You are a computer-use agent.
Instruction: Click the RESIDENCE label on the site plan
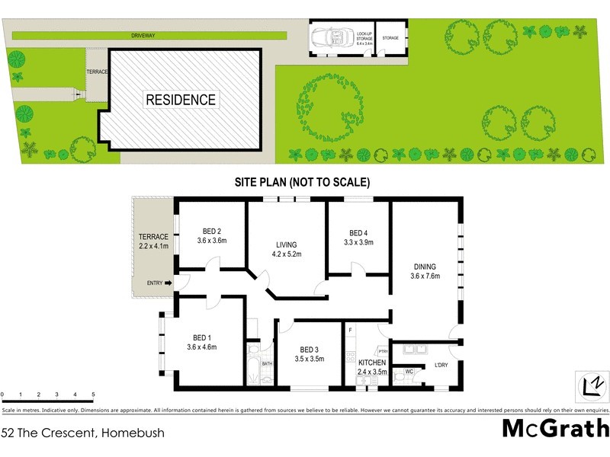[x=181, y=100]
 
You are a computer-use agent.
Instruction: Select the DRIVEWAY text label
[x=143, y=34]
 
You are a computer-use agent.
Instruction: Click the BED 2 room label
[x=212, y=236]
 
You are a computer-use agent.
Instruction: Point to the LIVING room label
[x=286, y=250]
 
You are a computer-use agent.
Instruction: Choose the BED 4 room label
[x=358, y=238]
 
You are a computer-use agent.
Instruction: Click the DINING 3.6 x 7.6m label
[x=425, y=272]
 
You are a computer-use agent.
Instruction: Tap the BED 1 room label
[x=203, y=342]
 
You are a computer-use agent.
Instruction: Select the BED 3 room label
[x=310, y=354]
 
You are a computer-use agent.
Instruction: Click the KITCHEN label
[x=372, y=363]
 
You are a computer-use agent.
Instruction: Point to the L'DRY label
[x=441, y=366]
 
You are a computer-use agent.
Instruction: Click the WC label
[x=409, y=372]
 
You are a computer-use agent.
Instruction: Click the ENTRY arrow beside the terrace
[x=167, y=283]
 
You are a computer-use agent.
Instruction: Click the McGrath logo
[x=555, y=427]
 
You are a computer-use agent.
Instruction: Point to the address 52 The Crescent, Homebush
[x=82, y=433]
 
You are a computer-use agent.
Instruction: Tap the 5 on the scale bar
[x=93, y=395]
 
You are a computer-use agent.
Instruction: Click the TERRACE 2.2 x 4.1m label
[x=152, y=242]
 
